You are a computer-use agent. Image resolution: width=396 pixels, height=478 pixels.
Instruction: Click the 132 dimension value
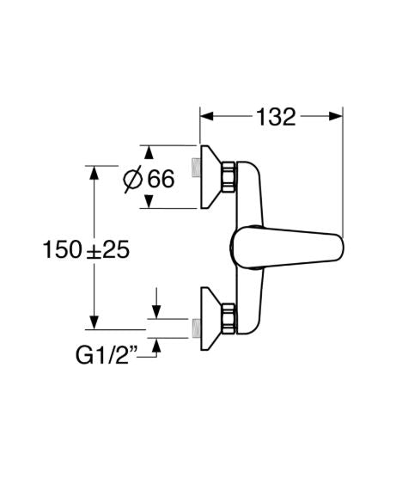(276, 117)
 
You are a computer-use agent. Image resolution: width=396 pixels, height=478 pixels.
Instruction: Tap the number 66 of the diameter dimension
(161, 178)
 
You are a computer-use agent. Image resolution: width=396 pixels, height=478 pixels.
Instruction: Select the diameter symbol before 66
(132, 179)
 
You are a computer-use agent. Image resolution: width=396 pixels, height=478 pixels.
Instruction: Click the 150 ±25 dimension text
(86, 249)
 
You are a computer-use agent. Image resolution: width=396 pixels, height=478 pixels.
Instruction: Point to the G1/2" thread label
(107, 355)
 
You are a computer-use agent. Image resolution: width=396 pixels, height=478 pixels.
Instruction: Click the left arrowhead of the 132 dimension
(206, 116)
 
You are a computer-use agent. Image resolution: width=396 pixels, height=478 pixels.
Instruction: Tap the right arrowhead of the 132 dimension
(336, 116)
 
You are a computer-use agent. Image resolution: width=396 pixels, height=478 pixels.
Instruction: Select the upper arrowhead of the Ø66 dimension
(149, 152)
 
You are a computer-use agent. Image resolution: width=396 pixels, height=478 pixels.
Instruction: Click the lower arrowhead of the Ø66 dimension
(149, 201)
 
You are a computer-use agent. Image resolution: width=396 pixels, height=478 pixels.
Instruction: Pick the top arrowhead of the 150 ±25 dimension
(94, 173)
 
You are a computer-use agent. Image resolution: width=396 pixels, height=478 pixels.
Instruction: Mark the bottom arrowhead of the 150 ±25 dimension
(94, 322)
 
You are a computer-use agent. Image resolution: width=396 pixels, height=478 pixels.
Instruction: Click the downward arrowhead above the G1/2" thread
(156, 312)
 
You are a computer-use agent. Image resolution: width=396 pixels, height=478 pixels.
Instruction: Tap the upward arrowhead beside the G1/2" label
(156, 345)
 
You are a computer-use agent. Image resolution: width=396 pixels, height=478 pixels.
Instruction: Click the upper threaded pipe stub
(195, 168)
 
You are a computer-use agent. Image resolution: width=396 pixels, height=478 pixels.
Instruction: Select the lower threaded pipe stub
(196, 328)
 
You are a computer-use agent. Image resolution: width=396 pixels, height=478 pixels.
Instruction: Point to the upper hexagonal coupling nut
(228, 177)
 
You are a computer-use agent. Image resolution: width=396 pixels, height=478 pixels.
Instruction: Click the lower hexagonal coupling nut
(228, 318)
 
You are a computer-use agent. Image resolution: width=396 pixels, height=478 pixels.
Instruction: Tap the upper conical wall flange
(210, 177)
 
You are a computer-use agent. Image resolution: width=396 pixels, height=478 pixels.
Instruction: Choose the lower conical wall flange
(210, 319)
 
